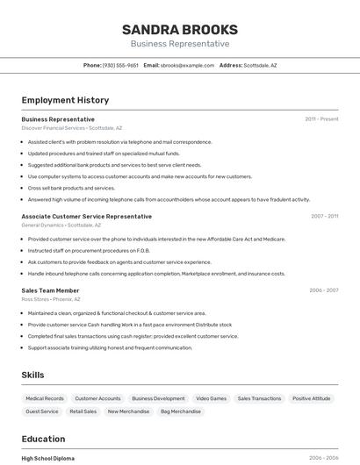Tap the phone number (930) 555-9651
120,65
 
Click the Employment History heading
65,101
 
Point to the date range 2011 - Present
321,119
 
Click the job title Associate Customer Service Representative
86,216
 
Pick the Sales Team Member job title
50,290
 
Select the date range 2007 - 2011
324,216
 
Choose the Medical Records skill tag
44,398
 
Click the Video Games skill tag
211,398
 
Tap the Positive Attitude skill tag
312,398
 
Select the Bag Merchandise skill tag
180,411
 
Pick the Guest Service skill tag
42,411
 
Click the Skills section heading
32,376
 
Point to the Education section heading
43,439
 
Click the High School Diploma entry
48,458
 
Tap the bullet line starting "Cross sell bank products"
71,188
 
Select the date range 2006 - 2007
324,290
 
